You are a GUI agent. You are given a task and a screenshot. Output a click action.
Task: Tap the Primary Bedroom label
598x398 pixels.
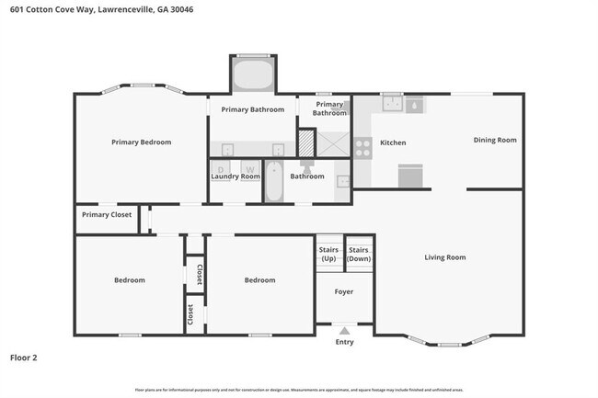[141, 142]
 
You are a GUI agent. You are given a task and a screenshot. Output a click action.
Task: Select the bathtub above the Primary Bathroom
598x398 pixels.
[251, 74]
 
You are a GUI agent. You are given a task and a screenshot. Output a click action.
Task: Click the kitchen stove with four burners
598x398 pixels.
[362, 148]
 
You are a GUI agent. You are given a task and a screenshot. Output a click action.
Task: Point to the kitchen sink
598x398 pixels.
[393, 102]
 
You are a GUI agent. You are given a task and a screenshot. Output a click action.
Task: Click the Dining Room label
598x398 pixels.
[495, 140]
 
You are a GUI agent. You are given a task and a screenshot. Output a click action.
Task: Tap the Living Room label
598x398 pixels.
[444, 257]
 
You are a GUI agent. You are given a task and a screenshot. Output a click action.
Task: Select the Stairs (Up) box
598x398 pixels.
[328, 254]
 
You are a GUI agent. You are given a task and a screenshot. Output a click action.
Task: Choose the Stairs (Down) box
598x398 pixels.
[359, 254]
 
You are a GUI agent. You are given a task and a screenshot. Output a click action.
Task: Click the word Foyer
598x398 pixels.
[343, 291]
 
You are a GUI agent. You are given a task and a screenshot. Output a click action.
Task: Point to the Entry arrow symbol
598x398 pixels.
[344, 330]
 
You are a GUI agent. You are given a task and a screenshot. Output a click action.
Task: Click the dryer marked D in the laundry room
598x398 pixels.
[222, 170]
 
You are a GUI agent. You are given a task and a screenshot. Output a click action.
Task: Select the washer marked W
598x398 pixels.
[249, 170]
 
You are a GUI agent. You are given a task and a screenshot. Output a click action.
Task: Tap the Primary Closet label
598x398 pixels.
[106, 215]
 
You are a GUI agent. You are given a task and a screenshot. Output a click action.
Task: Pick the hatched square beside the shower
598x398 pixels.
[305, 143]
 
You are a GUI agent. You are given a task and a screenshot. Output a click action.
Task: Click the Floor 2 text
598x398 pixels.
[23, 357]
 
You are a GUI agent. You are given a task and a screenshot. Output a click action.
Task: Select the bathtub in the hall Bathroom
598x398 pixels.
[273, 181]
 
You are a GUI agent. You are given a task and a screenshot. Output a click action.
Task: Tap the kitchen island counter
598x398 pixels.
[409, 175]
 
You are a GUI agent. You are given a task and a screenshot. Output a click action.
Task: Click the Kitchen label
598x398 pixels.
[393, 142]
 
